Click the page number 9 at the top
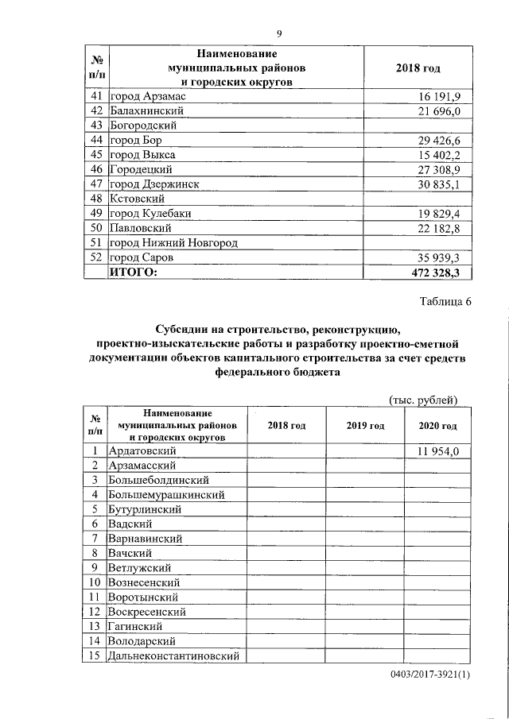point(279,33)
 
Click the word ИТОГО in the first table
point(133,273)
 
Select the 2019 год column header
point(365,426)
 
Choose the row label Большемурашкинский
point(166,494)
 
